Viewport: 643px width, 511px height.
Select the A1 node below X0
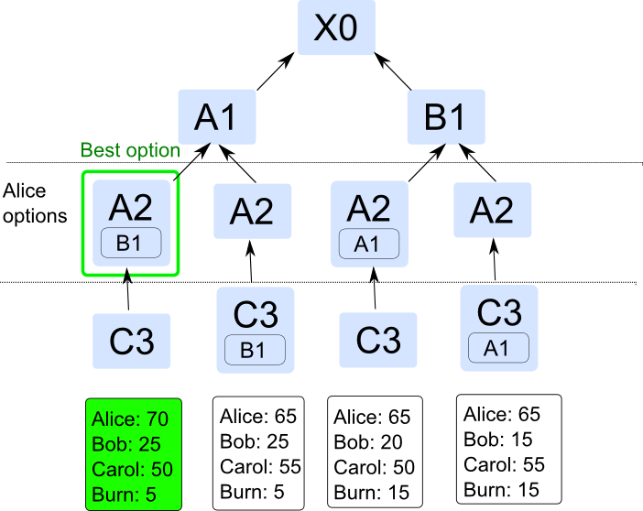(215, 117)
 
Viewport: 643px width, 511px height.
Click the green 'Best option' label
(130, 150)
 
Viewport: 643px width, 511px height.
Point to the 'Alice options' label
(35, 204)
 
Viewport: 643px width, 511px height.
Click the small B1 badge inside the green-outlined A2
(131, 244)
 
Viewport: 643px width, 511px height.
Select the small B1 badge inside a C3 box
(256, 350)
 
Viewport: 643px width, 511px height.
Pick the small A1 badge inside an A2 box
(369, 244)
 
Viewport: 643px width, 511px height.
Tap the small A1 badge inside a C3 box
(499, 348)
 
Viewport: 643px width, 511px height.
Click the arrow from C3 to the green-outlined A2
(128, 291)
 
